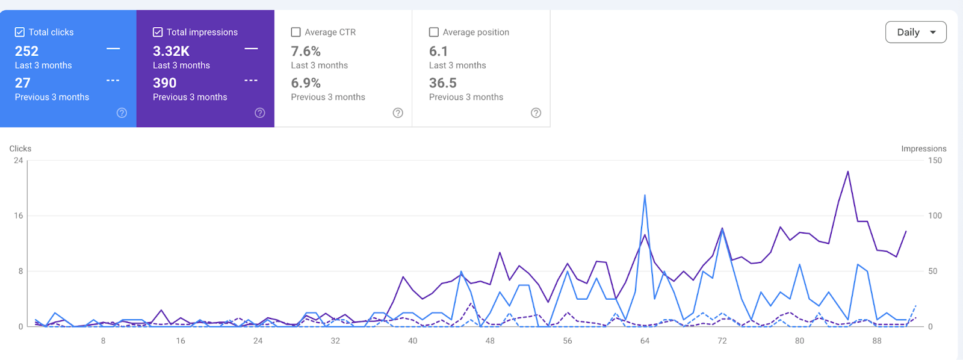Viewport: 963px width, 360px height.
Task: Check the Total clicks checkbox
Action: click(x=20, y=33)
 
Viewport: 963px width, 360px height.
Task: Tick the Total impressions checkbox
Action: click(x=158, y=33)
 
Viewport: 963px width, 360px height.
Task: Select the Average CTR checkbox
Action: click(x=296, y=33)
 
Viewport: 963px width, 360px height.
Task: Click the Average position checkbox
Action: click(x=434, y=33)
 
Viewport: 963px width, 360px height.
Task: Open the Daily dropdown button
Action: click(x=915, y=33)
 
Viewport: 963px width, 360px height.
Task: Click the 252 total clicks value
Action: click(x=27, y=51)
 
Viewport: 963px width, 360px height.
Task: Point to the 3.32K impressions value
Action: click(x=172, y=51)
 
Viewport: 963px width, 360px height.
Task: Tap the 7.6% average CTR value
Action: click(x=306, y=51)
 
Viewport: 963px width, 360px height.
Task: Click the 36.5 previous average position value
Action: click(x=443, y=83)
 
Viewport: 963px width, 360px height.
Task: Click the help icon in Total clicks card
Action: click(x=122, y=113)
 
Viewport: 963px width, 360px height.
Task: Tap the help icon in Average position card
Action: click(x=536, y=113)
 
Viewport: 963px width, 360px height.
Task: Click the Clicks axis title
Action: click(x=20, y=149)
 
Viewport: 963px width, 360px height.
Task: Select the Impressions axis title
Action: click(x=923, y=149)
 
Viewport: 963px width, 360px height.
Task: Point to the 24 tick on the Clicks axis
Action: click(x=19, y=161)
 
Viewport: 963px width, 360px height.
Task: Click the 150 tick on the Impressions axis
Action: click(x=935, y=161)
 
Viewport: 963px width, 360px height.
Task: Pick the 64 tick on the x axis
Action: click(x=645, y=341)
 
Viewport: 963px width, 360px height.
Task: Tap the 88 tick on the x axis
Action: click(x=877, y=341)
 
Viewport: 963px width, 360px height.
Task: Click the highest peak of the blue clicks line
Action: click(x=645, y=196)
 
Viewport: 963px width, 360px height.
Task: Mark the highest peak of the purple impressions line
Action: click(x=848, y=172)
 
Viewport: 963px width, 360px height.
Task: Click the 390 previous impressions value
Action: click(x=165, y=83)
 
